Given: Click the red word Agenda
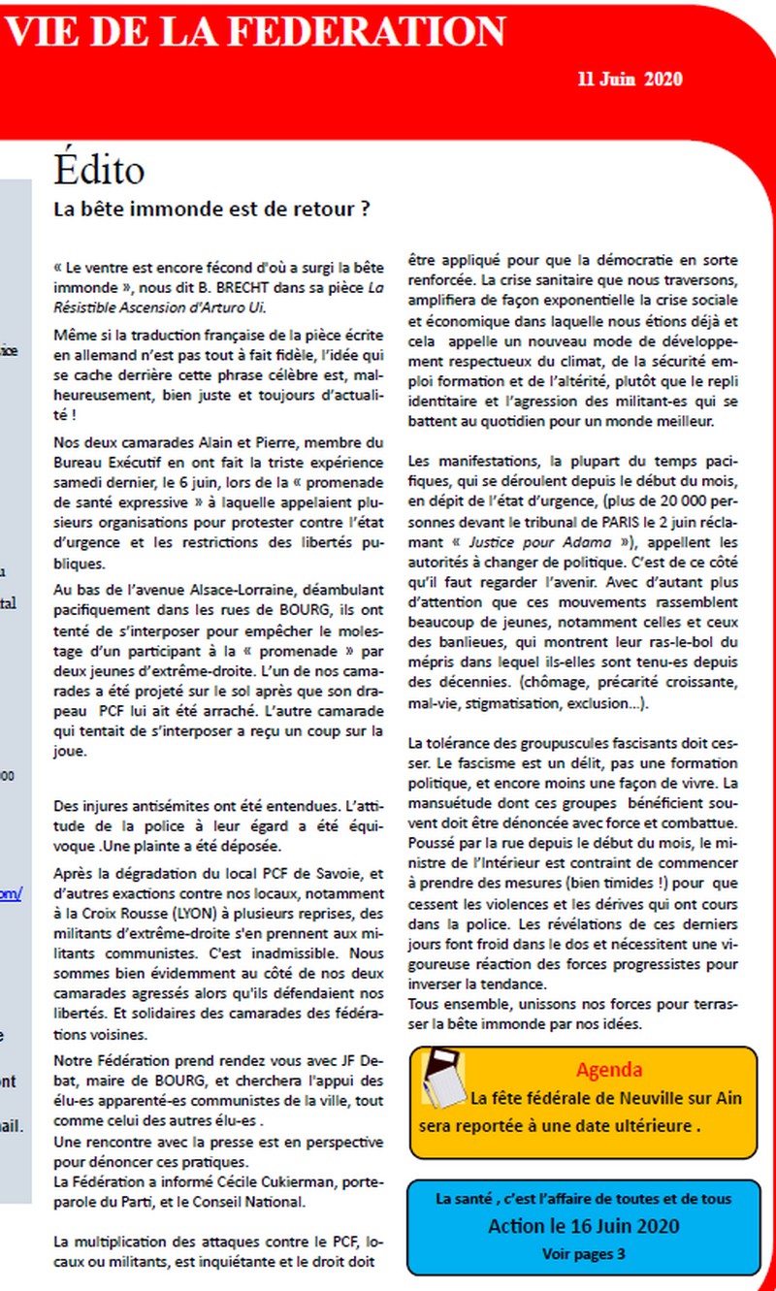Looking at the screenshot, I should click(608, 1070).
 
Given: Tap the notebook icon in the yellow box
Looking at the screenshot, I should click(443, 1077).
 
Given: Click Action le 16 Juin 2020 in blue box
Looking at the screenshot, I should click(584, 1227).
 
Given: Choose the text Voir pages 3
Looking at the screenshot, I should click(584, 1254).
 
